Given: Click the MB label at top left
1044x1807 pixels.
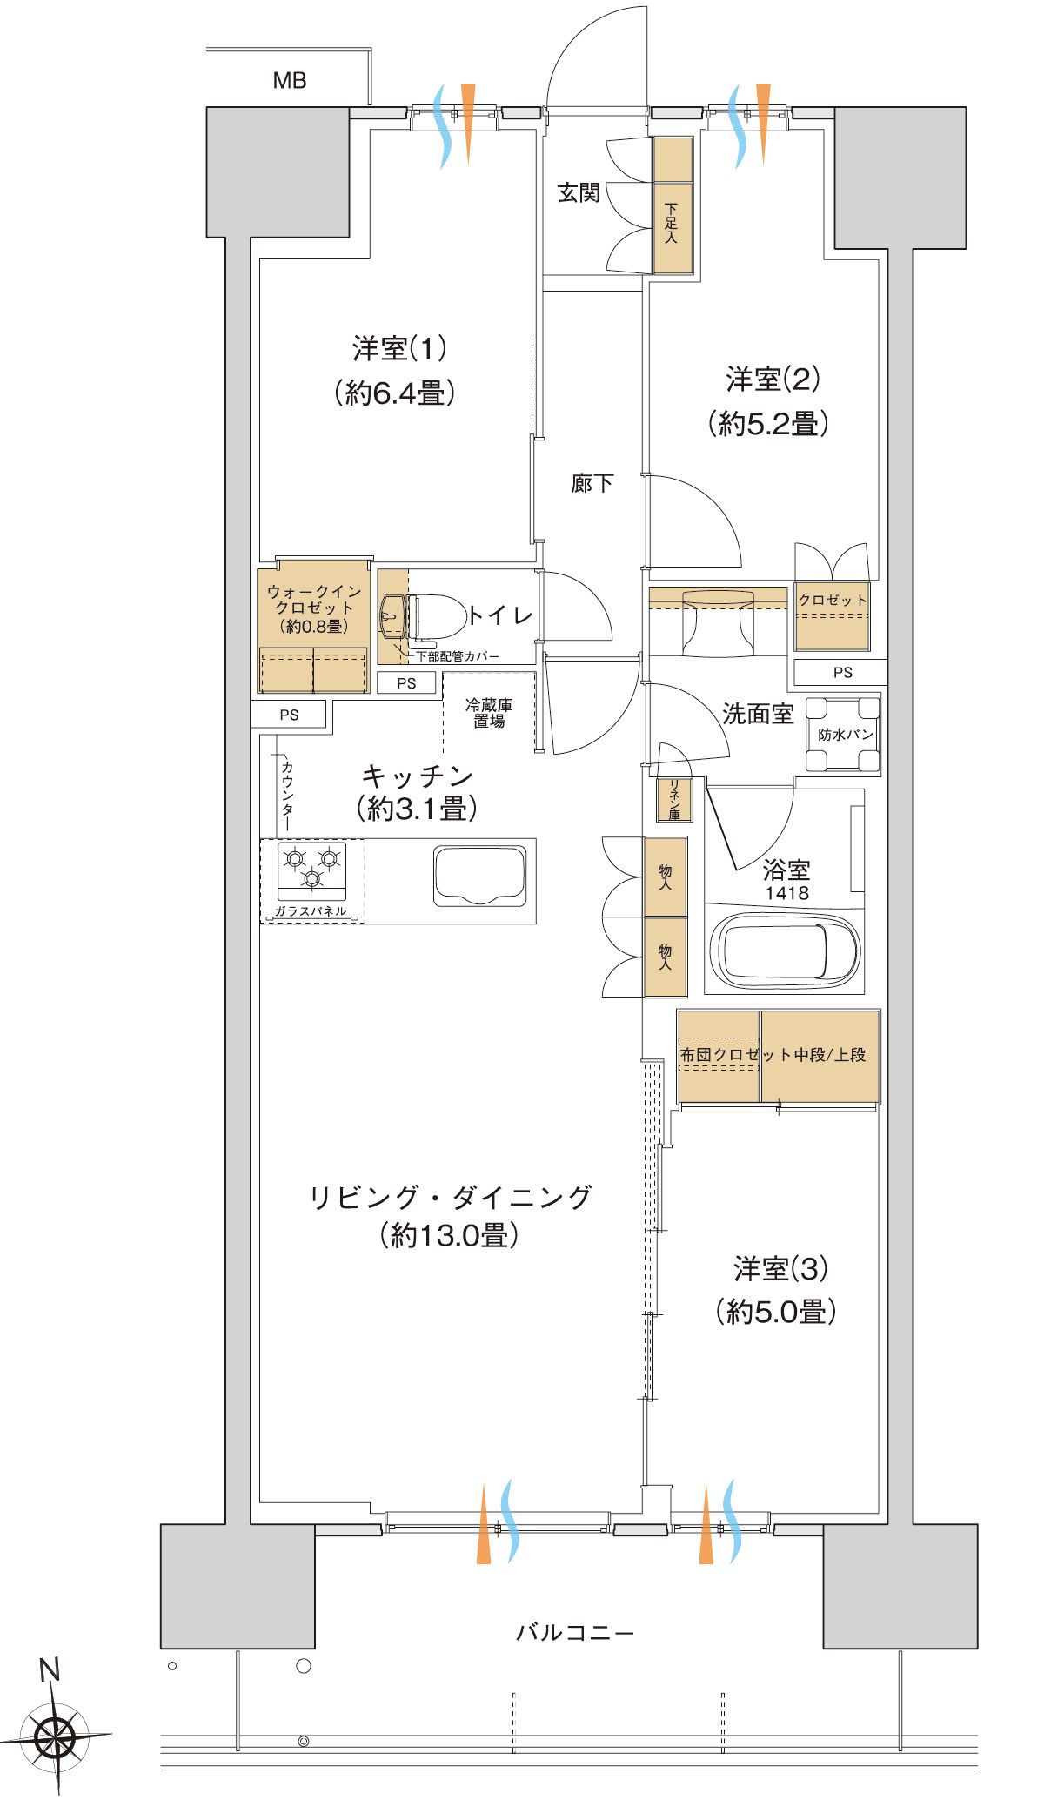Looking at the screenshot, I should (x=290, y=81).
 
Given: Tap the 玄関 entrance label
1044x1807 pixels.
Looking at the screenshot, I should (x=579, y=192).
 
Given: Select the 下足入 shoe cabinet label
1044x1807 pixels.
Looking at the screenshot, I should (x=672, y=224).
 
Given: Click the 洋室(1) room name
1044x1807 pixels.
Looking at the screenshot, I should (x=399, y=349).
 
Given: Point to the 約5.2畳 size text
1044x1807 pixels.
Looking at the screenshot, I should (x=767, y=424).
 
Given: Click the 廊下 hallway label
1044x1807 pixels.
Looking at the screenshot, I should (x=592, y=483).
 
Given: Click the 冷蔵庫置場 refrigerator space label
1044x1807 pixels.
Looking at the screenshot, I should (x=489, y=713).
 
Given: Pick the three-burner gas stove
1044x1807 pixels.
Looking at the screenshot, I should (x=311, y=870).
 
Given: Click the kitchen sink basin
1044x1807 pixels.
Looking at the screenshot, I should (x=480, y=876).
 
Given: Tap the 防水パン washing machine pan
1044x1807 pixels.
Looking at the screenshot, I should (x=843, y=734).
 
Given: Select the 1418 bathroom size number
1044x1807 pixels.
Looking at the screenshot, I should (x=786, y=894).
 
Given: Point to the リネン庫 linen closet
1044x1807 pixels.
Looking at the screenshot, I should (x=674, y=800).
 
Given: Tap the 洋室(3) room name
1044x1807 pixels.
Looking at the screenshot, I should (x=780, y=1270).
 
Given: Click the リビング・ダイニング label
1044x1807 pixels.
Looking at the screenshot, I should (x=450, y=1197).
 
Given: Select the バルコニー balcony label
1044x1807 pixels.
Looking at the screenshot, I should (x=575, y=1632).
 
